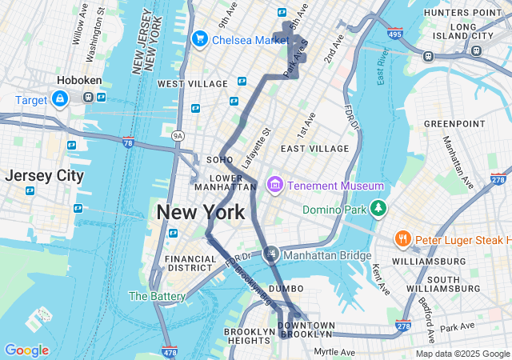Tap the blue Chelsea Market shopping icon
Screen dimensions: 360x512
[199, 38]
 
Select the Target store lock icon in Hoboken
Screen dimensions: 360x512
[59, 98]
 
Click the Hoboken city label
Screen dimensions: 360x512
[78, 81]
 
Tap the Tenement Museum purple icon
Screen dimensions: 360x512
[275, 186]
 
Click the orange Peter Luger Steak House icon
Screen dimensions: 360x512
[402, 239]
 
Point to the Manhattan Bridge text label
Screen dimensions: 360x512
[326, 255]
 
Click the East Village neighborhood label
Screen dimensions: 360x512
[314, 149]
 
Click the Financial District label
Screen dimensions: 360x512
[190, 264]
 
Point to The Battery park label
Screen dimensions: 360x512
[158, 296]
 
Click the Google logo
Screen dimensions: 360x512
[26, 350]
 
